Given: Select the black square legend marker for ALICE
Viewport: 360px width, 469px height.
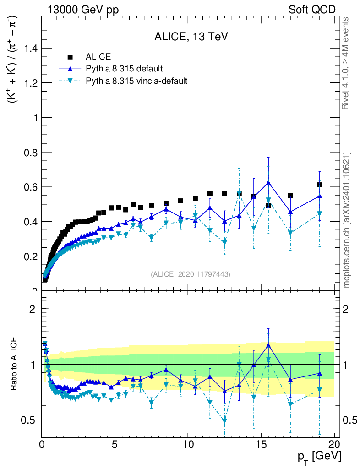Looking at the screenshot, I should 70,57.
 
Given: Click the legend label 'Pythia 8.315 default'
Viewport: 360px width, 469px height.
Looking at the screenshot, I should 125,69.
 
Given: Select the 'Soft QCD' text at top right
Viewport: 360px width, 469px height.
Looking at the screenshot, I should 312,10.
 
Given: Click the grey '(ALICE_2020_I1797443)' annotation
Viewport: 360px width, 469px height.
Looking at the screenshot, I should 191,274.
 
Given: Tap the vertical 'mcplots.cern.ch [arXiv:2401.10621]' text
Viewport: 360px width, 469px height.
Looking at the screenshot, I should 347,220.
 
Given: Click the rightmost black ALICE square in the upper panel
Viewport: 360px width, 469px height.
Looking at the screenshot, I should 319,185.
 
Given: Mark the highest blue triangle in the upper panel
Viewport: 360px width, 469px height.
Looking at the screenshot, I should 268,182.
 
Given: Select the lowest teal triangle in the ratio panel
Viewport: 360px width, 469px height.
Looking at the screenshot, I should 224,421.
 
